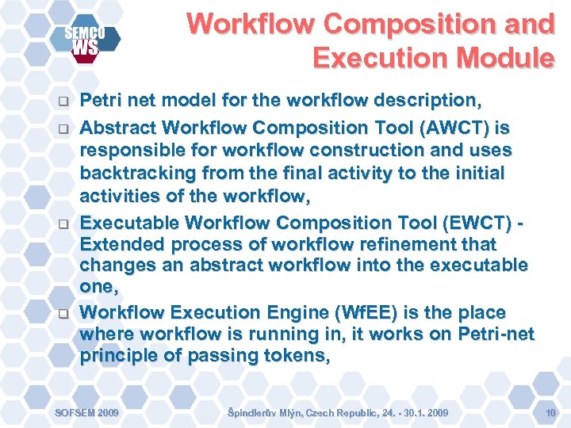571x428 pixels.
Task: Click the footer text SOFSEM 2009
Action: coord(86,413)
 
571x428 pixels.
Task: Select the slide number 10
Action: coord(550,413)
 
